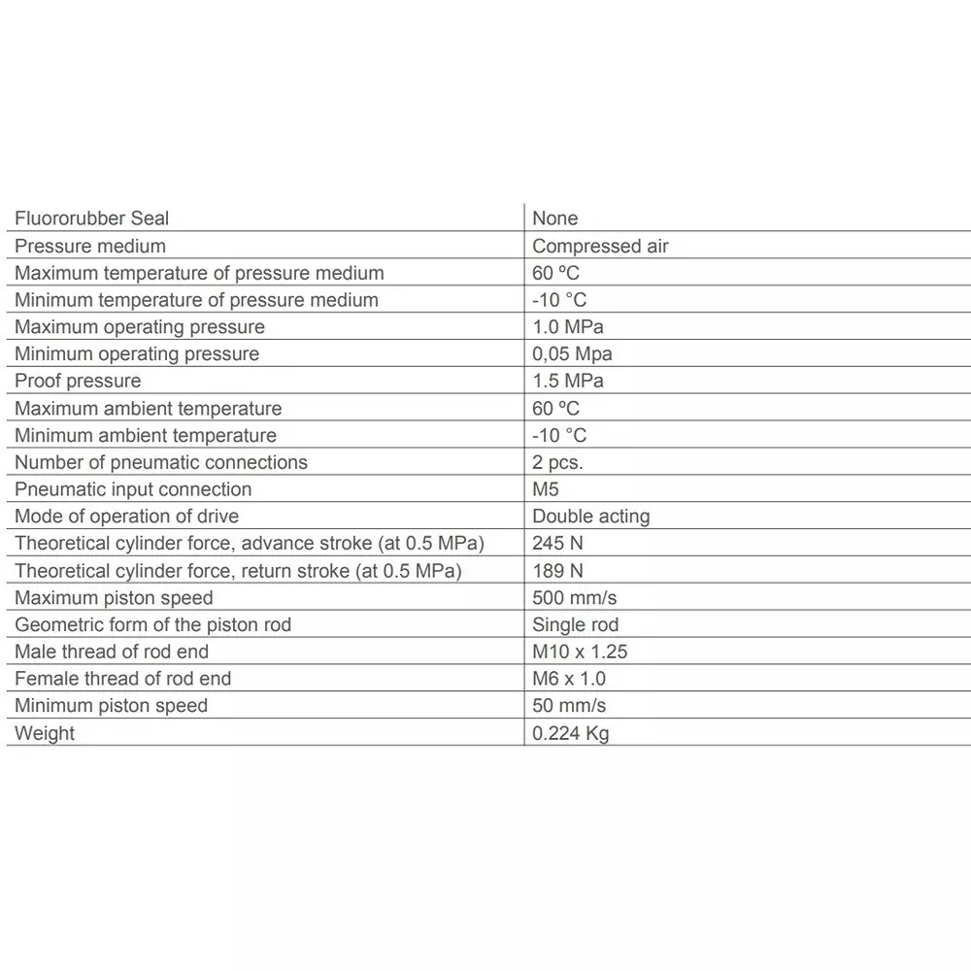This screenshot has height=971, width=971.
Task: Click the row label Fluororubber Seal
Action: click(91, 218)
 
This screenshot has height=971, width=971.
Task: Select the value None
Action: click(554, 218)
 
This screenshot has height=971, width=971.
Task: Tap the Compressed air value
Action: click(600, 246)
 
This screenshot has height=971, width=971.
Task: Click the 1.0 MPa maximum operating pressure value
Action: click(567, 327)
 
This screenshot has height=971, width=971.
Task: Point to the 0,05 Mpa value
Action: click(572, 354)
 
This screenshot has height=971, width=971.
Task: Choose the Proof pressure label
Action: click(78, 382)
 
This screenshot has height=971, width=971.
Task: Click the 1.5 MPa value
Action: click(567, 382)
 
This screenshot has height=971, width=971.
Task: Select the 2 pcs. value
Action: click(557, 462)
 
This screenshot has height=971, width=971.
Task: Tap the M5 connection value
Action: click(546, 489)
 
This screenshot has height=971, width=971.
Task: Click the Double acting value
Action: click(590, 517)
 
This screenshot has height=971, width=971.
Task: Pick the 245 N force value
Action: click(557, 544)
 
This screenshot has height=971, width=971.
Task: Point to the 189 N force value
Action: click(557, 571)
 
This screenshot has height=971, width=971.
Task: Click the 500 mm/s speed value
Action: click(574, 597)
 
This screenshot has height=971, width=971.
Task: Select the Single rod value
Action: click(575, 624)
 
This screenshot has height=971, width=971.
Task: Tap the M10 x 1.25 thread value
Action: click(580, 652)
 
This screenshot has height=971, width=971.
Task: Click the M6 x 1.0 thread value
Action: click(569, 679)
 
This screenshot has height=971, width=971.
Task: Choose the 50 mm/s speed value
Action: click(569, 706)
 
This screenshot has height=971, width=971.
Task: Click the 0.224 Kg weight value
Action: click(570, 733)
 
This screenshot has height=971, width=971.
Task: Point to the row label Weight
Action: click(45, 733)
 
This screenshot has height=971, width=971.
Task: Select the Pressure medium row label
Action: click(89, 246)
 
